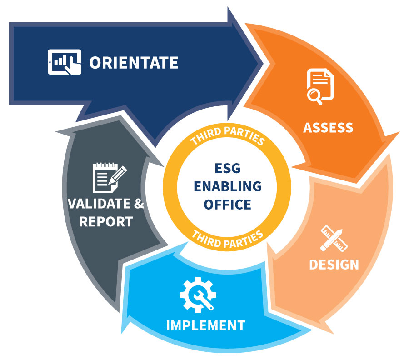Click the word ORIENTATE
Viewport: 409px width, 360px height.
point(134,63)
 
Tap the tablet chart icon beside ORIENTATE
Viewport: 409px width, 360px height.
point(65,62)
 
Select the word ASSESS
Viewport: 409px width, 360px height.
point(328,128)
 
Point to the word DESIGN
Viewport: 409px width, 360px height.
point(334,264)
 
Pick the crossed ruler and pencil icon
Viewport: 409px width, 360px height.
point(334,239)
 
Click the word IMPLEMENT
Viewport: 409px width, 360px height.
point(205,325)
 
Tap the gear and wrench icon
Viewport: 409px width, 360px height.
point(198,295)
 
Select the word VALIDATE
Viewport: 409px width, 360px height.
point(99,204)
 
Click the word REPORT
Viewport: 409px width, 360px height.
point(106,222)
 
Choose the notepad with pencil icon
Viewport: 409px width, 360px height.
point(110,177)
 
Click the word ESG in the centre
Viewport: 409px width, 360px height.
point(228,168)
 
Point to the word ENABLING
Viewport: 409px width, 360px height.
point(228,186)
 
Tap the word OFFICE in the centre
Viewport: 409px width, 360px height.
point(228,204)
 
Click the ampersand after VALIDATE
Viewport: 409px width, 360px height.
point(139,204)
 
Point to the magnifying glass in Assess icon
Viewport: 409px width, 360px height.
point(314,96)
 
